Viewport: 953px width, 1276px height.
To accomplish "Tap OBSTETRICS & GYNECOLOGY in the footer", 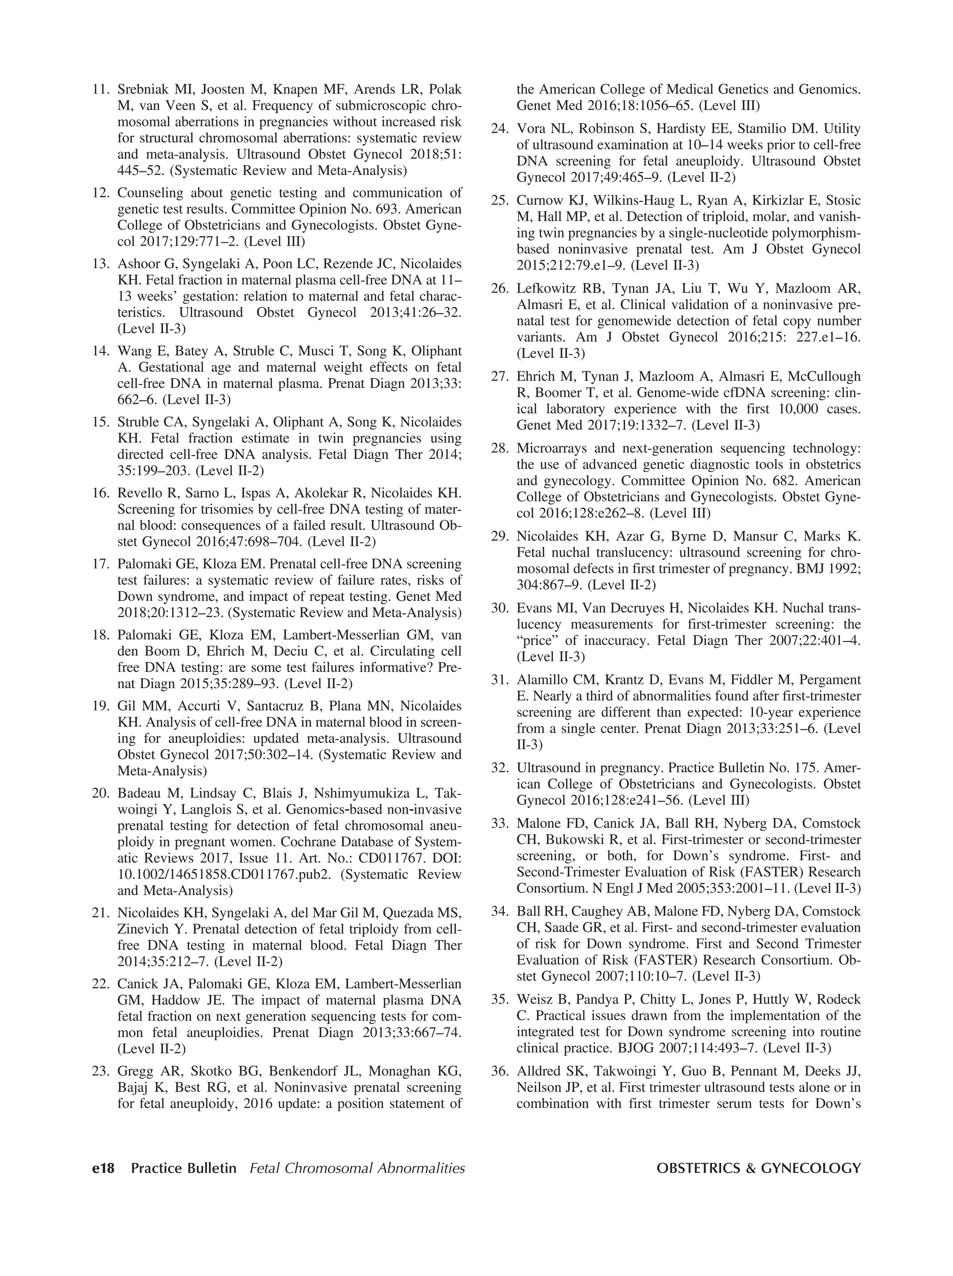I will (758, 1168).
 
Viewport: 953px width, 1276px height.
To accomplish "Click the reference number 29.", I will (499, 536).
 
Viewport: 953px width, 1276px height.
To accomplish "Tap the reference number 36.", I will (499, 1071).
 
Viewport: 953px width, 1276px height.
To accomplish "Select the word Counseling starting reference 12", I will (149, 193).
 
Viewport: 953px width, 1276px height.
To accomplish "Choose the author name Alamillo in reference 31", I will (542, 680).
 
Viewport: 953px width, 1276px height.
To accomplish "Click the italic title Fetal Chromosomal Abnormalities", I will (357, 1168).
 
